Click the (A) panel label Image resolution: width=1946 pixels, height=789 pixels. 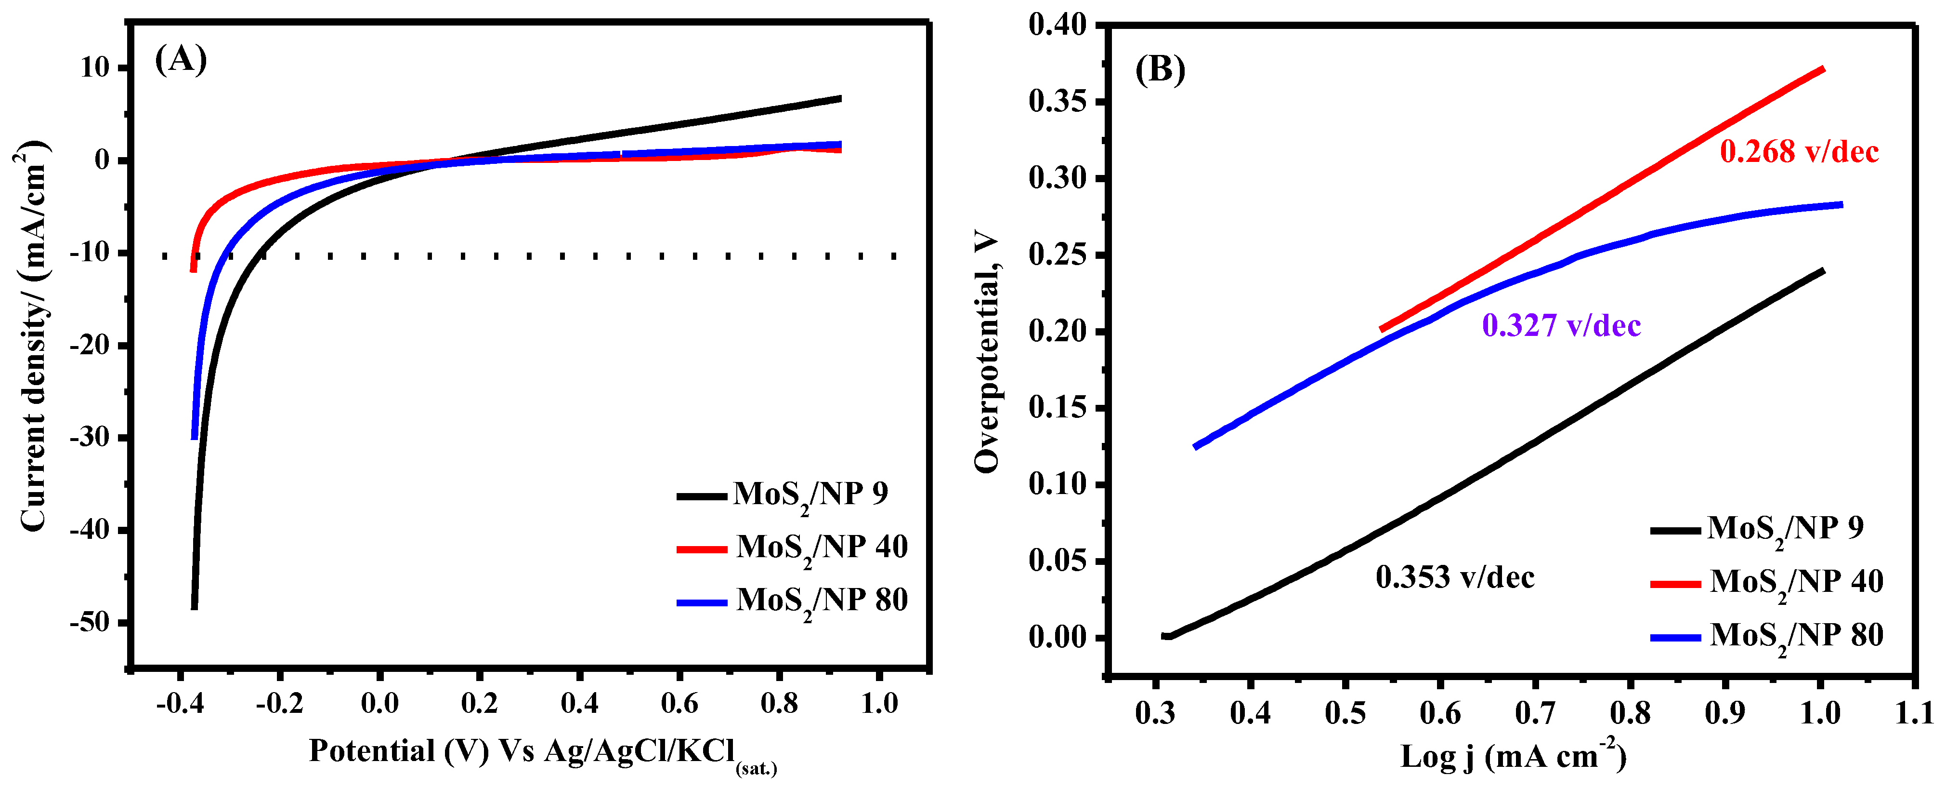(x=181, y=59)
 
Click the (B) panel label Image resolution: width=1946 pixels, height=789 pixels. (x=1161, y=70)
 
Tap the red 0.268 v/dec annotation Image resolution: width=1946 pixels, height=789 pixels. (x=1799, y=152)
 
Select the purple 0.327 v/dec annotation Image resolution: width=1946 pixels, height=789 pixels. (x=1561, y=326)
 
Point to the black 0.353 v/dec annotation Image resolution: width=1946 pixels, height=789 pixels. (x=1454, y=577)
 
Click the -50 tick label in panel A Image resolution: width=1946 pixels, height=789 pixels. (x=89, y=622)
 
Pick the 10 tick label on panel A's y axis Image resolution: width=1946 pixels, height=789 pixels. (x=95, y=67)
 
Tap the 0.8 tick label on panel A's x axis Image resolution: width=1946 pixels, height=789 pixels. (x=779, y=704)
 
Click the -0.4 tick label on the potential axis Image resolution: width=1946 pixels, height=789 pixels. (x=180, y=704)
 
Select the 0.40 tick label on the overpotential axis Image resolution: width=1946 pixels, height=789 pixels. (x=1057, y=25)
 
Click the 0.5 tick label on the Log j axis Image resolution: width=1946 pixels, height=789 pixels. (x=1344, y=713)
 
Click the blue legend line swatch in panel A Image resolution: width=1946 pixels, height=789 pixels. (x=701, y=603)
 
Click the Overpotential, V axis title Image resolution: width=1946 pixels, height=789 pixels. (x=987, y=352)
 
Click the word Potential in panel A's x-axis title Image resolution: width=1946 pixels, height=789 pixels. (x=372, y=751)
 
